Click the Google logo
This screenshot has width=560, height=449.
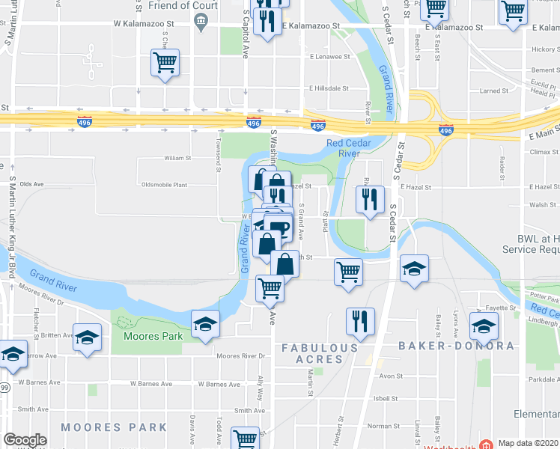25,441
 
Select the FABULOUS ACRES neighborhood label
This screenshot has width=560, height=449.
320,353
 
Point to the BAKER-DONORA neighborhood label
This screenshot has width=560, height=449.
456,346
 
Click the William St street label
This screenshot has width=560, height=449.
178,158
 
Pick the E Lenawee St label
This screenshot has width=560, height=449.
330,56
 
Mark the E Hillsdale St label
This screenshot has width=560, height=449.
329,88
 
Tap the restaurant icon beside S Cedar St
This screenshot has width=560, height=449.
369,201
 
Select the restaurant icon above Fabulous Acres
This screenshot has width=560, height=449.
360,322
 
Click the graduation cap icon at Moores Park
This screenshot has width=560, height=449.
205,326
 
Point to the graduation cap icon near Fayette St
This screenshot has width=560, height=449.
484,326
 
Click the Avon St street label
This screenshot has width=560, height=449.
392,376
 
